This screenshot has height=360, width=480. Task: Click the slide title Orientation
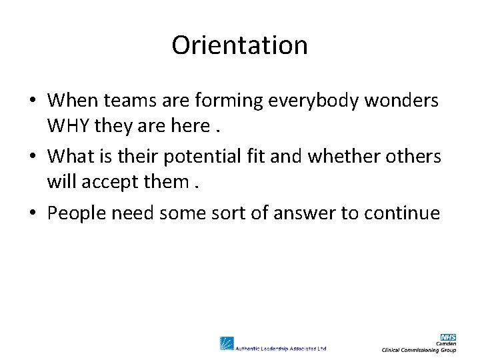[x=239, y=45]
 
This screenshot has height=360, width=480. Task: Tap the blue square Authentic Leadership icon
[x=227, y=343]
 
